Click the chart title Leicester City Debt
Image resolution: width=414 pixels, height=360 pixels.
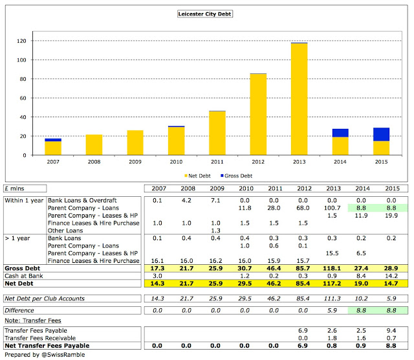coord(206,13)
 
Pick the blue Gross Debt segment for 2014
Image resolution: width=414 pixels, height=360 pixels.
coord(342,133)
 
